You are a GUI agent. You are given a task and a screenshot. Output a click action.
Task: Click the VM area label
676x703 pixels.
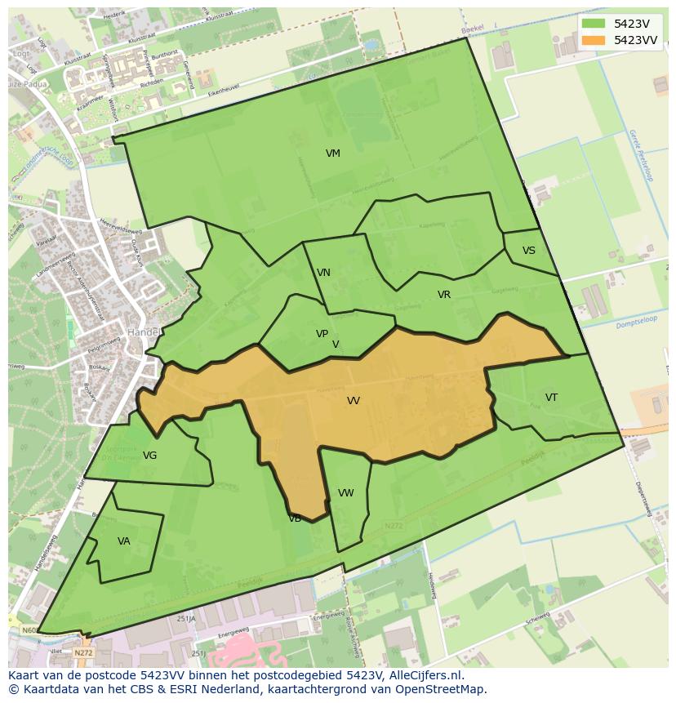(332, 154)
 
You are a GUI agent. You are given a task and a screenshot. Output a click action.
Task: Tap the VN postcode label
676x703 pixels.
(323, 273)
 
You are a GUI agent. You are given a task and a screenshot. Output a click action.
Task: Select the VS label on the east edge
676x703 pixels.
(529, 251)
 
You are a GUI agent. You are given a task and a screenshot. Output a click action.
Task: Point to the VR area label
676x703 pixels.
(443, 295)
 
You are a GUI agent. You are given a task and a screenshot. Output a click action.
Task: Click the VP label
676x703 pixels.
(322, 334)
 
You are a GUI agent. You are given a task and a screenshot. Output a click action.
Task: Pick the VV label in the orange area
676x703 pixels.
(353, 401)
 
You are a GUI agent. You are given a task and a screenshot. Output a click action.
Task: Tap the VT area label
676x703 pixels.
(551, 398)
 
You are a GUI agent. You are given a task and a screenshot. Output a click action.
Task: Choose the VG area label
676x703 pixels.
(149, 456)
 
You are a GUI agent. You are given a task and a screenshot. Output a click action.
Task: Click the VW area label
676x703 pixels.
(345, 493)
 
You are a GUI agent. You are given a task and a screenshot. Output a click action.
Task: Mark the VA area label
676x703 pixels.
(123, 541)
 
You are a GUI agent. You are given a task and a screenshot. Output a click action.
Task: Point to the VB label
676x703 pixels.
(295, 518)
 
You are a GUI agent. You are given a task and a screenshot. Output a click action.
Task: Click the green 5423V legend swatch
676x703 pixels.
(593, 24)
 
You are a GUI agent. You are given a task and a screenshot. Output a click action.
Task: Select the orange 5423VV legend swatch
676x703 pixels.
(593, 40)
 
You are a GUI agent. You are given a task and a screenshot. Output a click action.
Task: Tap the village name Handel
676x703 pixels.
(142, 332)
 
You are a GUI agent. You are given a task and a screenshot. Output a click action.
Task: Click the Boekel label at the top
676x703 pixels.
(473, 30)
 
